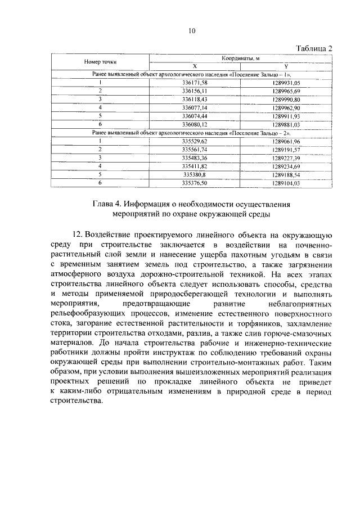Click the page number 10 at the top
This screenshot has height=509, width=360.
tap(191, 31)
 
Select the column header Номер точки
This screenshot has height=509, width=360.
tap(101, 61)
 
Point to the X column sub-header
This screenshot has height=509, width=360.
tap(195, 66)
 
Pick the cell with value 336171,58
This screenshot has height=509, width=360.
tap(195, 82)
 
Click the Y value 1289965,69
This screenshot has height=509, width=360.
tap(286, 91)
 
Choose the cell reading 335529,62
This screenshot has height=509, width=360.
tap(195, 141)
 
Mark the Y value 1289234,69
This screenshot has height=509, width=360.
tap(286, 166)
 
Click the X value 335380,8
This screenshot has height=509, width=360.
tap(195, 175)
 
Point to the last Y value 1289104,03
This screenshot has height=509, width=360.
tap(286, 183)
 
